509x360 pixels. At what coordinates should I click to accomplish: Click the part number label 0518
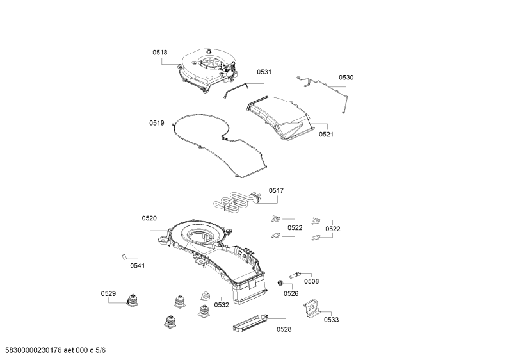[160, 53]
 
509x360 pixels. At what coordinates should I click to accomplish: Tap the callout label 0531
[264, 72]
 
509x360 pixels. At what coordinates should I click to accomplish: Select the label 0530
[346, 78]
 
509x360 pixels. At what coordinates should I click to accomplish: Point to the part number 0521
[326, 135]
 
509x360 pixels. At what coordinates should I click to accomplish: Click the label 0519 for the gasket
[157, 123]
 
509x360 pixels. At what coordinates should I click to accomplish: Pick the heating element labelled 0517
[237, 200]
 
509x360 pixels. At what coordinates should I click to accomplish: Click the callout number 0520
[149, 218]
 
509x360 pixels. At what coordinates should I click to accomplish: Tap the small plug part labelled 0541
[124, 257]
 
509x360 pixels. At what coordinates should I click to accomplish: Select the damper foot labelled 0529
[132, 300]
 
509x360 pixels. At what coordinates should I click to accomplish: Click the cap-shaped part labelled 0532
[204, 296]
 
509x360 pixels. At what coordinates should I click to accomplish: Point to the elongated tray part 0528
[250, 323]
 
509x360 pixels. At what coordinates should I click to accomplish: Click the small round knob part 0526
[279, 283]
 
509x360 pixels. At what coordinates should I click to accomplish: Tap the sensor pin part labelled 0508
[295, 275]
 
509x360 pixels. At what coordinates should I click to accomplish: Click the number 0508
[311, 281]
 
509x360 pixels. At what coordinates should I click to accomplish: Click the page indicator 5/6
[101, 350]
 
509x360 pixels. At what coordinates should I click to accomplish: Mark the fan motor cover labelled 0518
[207, 70]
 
